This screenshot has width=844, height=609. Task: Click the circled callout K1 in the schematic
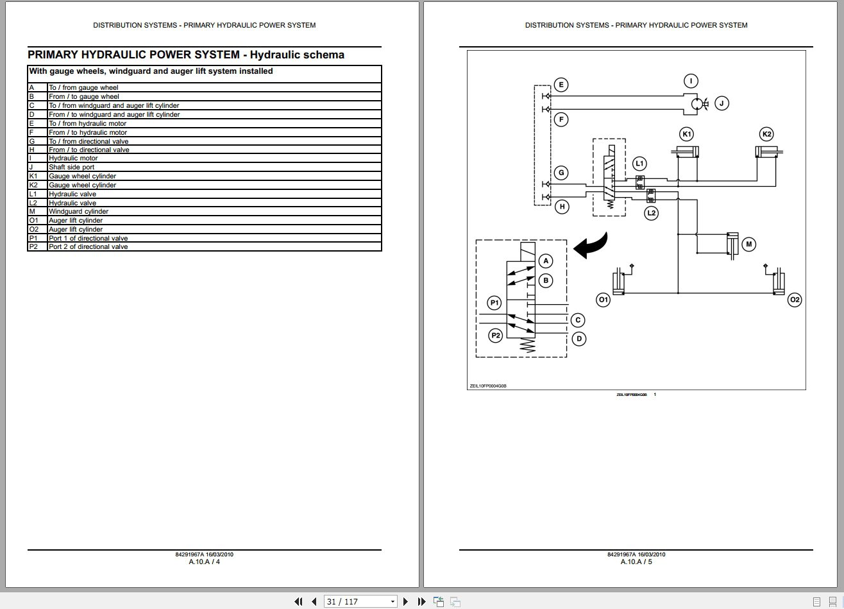[687, 134]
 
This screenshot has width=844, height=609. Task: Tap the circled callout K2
[766, 134]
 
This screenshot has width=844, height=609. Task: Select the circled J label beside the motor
[721, 103]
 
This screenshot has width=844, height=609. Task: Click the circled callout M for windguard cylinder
[748, 244]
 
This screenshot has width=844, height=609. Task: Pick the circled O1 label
[603, 300]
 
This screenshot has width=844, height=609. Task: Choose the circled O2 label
[795, 300]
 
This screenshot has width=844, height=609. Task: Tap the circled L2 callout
[652, 212]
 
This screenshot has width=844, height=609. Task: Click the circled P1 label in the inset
[494, 302]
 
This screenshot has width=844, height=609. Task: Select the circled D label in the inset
[578, 338]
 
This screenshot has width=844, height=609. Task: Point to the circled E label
[561, 85]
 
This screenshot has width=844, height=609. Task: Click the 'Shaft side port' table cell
[72, 167]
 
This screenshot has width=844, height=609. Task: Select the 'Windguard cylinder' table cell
[78, 211]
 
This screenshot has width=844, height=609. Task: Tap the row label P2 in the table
[34, 246]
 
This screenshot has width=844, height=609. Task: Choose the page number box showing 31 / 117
[360, 601]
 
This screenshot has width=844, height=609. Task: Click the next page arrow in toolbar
[405, 601]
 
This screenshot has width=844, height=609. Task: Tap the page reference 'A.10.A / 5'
[636, 562]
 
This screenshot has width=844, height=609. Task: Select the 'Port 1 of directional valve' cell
[89, 238]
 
